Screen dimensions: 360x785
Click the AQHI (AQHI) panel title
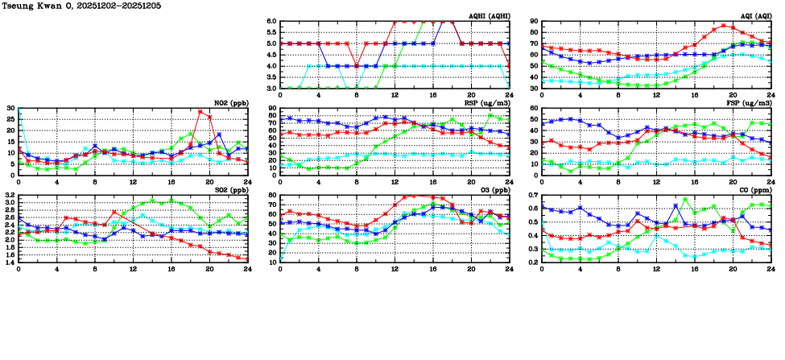[487, 15]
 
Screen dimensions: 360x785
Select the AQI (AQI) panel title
[752, 15]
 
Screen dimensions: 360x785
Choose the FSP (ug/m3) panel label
[750, 103]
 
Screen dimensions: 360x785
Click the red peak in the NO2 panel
[200, 112]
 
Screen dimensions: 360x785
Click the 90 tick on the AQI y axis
[534, 22]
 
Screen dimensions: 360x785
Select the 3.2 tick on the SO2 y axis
[9, 196]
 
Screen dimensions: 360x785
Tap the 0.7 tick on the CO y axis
[532, 196]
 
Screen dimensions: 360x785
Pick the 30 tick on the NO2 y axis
[10, 109]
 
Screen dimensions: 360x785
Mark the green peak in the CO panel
[685, 200]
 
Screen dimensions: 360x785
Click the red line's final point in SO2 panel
[247, 259]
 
